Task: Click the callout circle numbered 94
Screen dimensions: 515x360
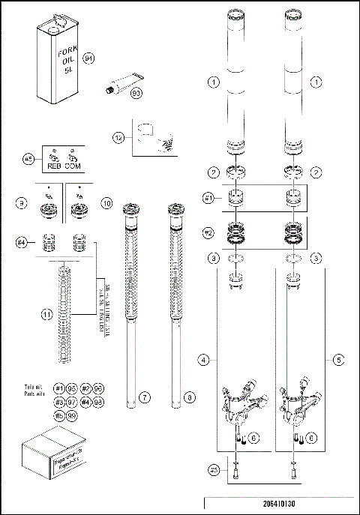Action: point(88,57)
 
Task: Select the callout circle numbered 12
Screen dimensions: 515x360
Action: point(118,137)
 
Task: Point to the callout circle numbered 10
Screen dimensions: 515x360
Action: point(106,203)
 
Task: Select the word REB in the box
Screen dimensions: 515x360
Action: point(54,166)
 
